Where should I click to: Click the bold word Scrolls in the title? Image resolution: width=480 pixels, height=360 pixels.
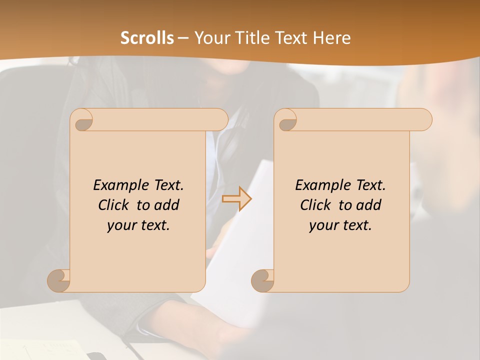pos(147,38)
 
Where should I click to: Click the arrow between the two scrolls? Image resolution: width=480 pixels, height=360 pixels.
pos(236,198)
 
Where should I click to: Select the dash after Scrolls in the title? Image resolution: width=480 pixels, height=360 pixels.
pos(183,38)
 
